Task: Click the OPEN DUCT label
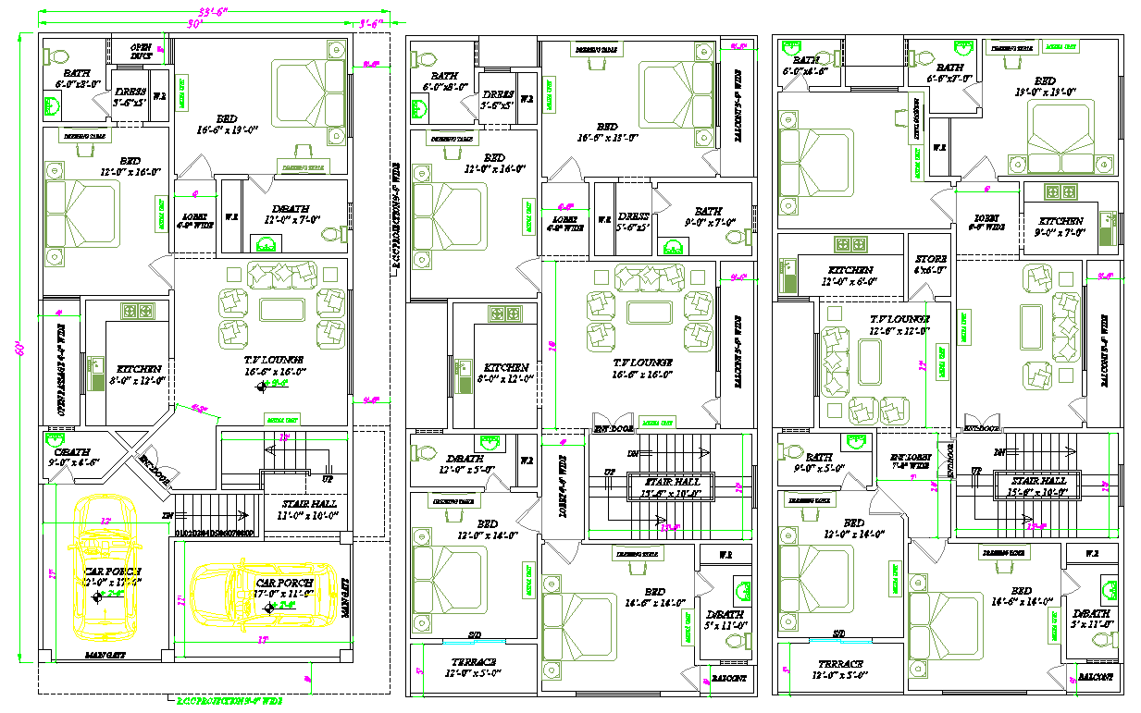pos(141,52)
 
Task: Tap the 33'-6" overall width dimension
pos(205,11)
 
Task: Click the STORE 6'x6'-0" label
pos(930,264)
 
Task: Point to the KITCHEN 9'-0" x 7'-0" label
pos(1060,227)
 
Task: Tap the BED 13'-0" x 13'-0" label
pos(1045,86)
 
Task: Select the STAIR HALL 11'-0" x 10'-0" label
pos(310,510)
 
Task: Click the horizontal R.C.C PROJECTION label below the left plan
pos(229,701)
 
